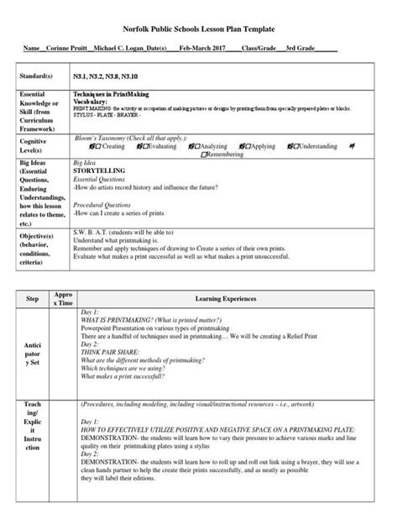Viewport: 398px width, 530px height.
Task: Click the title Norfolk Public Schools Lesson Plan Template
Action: click(x=199, y=28)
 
